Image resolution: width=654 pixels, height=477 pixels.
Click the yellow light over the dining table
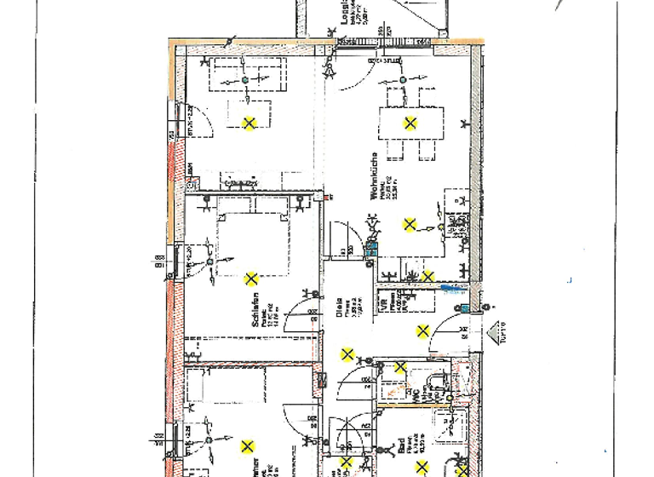410,124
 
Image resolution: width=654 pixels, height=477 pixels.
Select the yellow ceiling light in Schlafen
251,279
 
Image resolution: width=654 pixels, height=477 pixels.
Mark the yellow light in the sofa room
249,124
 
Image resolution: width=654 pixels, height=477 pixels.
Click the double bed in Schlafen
251,243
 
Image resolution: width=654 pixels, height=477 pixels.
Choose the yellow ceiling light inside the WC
399,368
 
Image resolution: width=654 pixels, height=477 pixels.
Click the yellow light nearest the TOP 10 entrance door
422,331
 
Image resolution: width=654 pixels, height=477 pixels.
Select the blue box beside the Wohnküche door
370,250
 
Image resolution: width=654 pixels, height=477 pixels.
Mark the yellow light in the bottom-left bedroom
247,445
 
